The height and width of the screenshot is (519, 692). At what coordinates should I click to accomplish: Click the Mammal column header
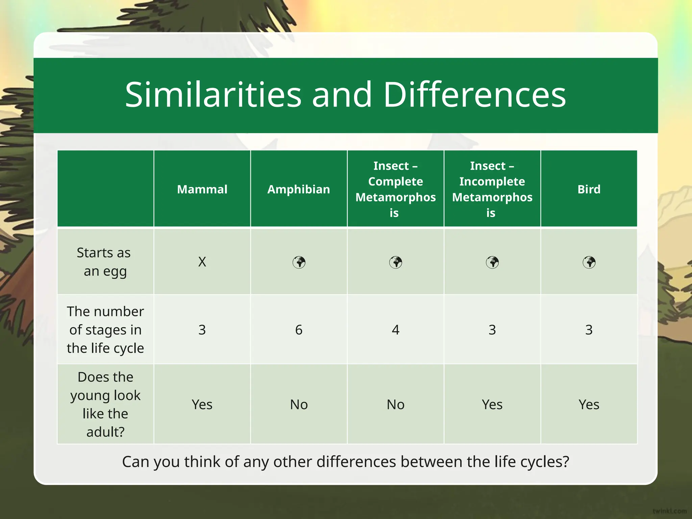(x=202, y=189)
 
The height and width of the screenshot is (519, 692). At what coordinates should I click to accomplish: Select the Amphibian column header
(x=299, y=189)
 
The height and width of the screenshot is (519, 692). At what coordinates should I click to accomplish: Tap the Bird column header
(x=589, y=189)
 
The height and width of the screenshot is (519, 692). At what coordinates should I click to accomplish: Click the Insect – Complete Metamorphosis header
(x=395, y=189)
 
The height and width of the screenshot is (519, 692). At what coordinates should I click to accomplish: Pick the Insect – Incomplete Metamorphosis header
(x=492, y=189)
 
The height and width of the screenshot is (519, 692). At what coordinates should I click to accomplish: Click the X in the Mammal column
(x=202, y=262)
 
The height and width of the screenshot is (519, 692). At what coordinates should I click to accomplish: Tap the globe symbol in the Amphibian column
(x=299, y=262)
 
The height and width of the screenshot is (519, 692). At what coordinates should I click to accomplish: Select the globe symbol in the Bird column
(x=589, y=262)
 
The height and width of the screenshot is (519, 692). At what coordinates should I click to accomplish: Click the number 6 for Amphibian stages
(x=299, y=330)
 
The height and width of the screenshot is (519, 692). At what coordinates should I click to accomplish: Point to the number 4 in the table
(x=395, y=330)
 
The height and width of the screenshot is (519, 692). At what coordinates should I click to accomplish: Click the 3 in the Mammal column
(x=202, y=330)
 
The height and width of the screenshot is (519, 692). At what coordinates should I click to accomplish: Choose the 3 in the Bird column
(x=589, y=330)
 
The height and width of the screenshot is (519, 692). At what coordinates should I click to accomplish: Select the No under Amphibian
(x=299, y=404)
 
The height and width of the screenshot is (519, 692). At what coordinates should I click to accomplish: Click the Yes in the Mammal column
(x=202, y=404)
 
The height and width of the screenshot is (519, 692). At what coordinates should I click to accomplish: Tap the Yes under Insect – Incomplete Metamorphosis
(x=492, y=404)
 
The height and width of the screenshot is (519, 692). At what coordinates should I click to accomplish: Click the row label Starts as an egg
(x=105, y=262)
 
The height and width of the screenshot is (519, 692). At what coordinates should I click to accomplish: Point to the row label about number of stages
(x=105, y=330)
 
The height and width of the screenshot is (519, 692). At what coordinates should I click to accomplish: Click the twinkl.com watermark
(x=669, y=511)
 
